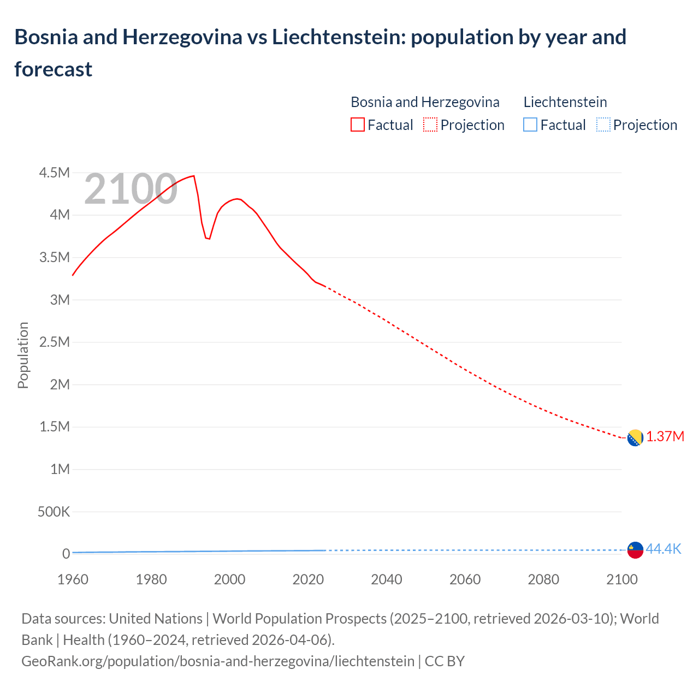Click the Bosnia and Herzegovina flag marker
635,438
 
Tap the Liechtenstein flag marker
635,550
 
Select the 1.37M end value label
665,437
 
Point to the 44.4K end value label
664,549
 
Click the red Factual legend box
357,125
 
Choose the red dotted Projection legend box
430,125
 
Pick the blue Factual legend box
530,125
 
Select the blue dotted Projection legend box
603,125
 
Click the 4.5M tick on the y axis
55,173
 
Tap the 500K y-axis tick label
54,512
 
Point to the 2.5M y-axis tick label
55,342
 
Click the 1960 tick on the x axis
73,579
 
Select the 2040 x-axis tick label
387,579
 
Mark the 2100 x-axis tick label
621,579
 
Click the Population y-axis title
23,355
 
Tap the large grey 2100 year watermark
131,189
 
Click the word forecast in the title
54,69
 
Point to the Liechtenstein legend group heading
565,102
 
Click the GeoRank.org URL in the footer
218,661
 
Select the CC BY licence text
445,661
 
